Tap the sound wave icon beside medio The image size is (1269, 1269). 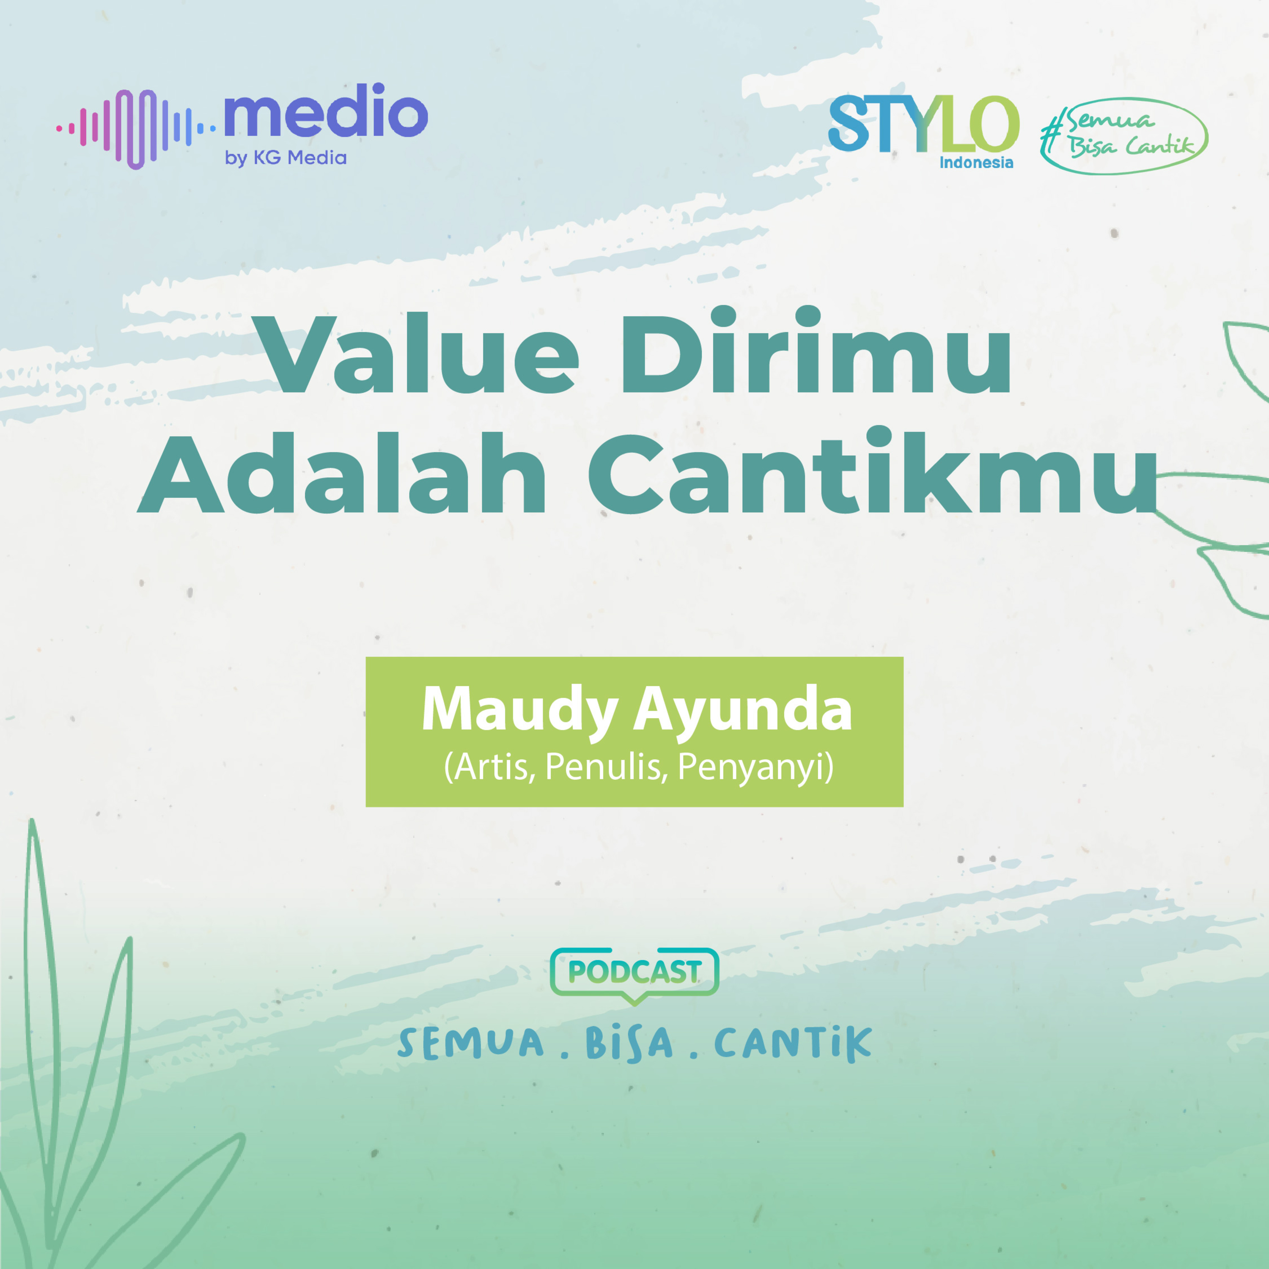point(135,129)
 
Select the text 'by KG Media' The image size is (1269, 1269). point(286,158)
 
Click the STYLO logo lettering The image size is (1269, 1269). point(923,124)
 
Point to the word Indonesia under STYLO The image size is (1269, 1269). point(976,162)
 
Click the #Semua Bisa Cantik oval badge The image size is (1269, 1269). point(1124,136)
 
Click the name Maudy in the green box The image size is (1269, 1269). point(519,711)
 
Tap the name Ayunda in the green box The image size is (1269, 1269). point(742,711)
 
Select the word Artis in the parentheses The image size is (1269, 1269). point(490,766)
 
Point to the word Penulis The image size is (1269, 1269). point(606,766)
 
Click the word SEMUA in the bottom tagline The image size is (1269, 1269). point(471,1043)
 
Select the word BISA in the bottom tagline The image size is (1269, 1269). point(629,1043)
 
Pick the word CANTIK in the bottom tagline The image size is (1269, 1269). point(793,1043)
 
